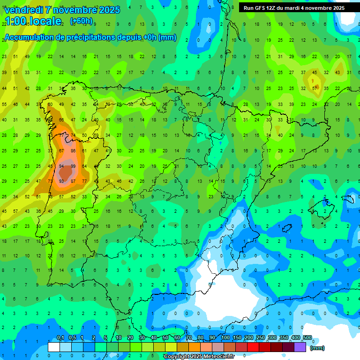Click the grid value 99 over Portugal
click(x=73, y=166)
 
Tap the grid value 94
click(x=61, y=166)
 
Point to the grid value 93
click(x=61, y=181)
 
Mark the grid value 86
click(x=73, y=150)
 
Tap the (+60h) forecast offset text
click(x=81, y=21)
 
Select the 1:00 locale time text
click(x=33, y=21)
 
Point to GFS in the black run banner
click(x=261, y=8)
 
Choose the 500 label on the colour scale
click(x=307, y=338)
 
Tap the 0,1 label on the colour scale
click(x=60, y=338)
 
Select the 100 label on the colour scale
click(x=225, y=338)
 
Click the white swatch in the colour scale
click(x=54, y=347)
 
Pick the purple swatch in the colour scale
click(x=300, y=347)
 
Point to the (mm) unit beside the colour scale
click(x=317, y=348)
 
